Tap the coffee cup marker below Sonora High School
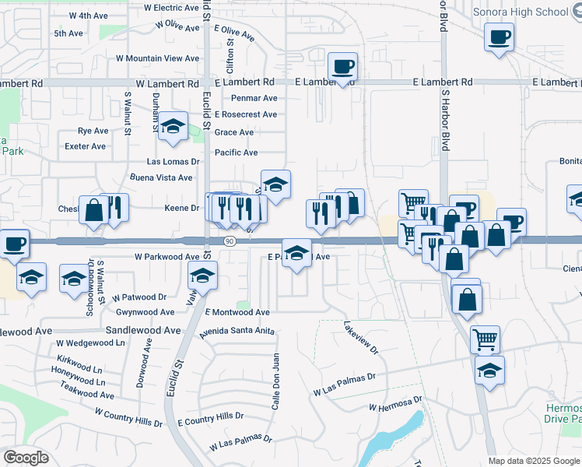[x=499, y=37]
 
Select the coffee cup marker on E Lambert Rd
[x=341, y=68]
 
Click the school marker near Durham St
[x=172, y=128]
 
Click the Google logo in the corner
[x=26, y=458]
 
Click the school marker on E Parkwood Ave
[x=296, y=253]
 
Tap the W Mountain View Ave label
[x=158, y=58]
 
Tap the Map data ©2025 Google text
[x=534, y=461]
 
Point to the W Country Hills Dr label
[x=128, y=417]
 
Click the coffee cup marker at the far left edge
[x=14, y=244]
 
